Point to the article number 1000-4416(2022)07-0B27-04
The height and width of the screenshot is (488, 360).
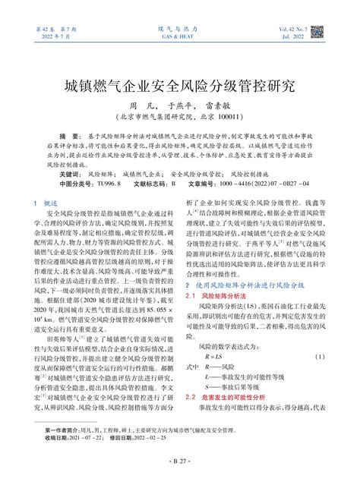click(267, 184)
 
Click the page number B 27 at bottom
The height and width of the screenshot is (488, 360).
click(179, 481)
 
